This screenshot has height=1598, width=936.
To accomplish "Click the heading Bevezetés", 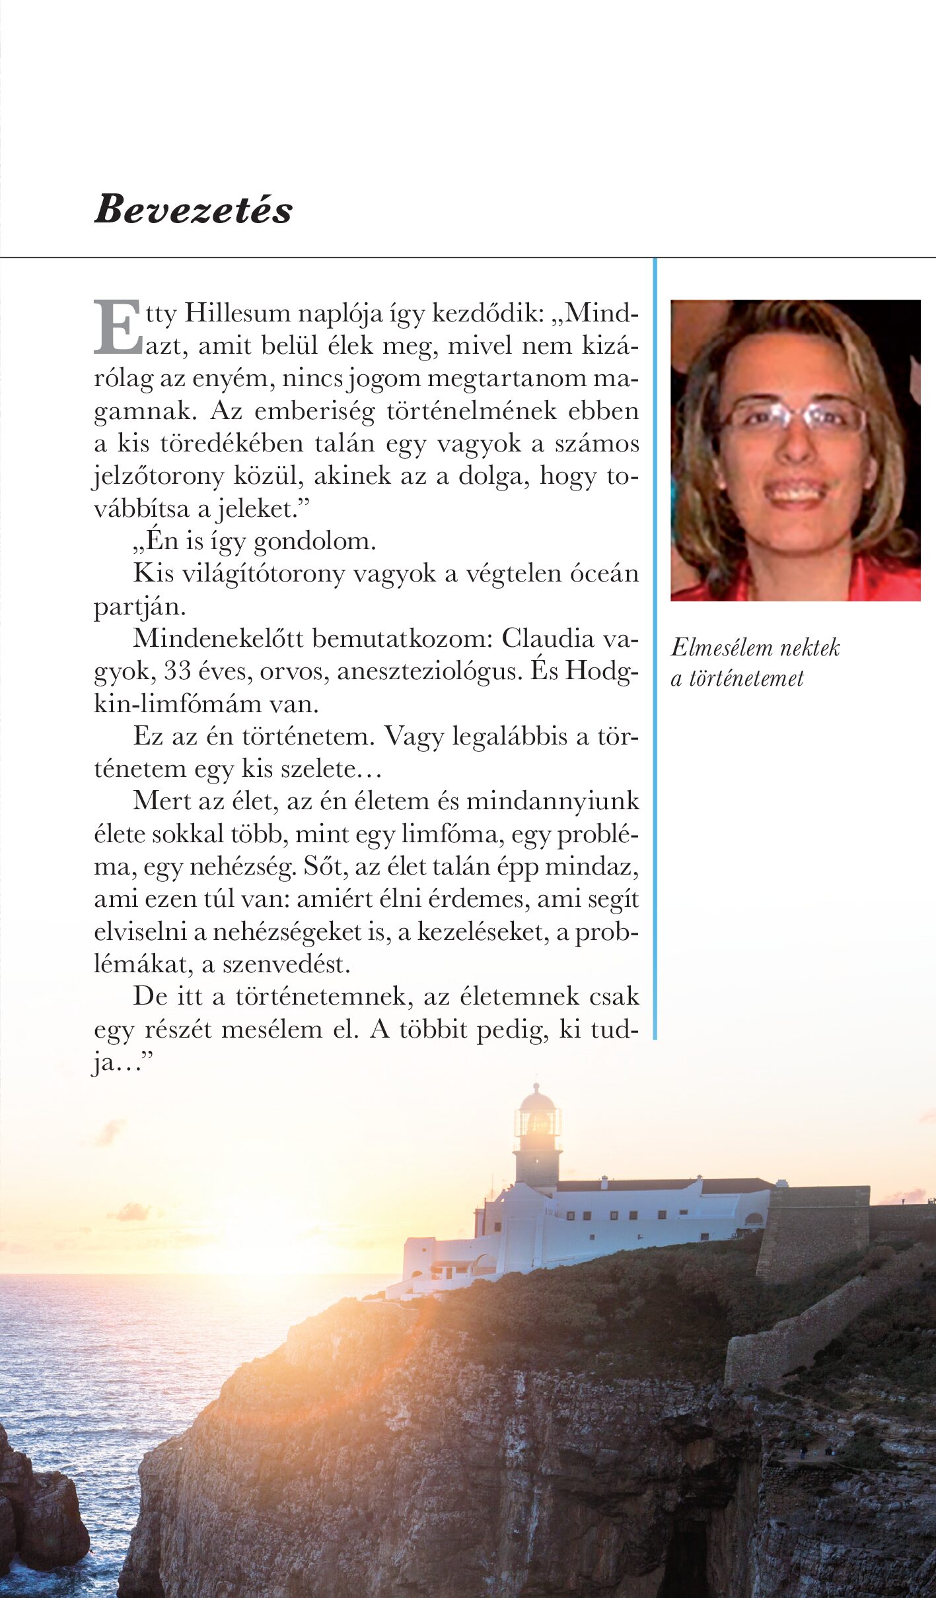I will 193,209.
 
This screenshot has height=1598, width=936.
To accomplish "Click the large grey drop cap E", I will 118,327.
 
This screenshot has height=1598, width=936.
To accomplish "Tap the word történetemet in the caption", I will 746,679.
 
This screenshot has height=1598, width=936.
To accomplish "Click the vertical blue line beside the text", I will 655,647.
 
